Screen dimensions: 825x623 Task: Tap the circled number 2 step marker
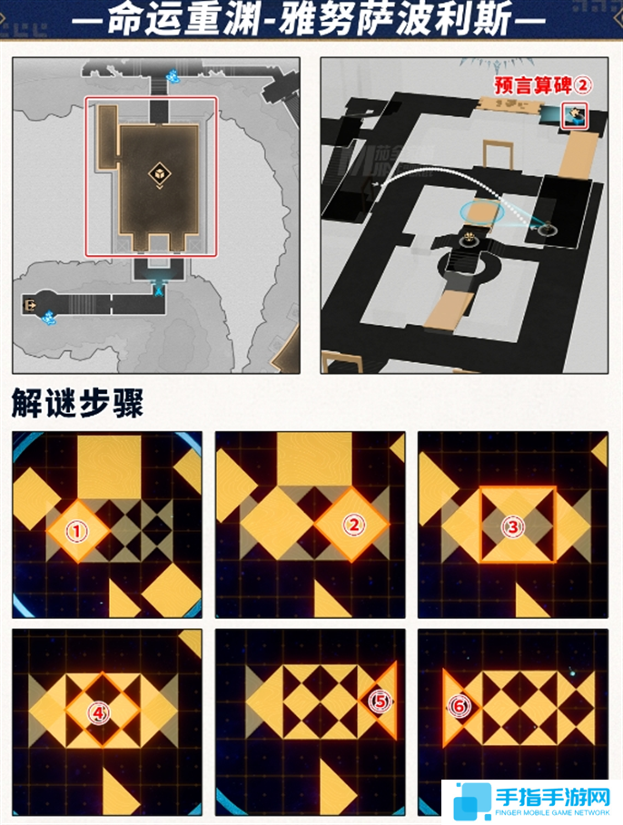tap(354, 524)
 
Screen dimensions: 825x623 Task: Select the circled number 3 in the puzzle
tap(515, 525)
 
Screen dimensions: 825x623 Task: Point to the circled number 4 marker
tap(98, 713)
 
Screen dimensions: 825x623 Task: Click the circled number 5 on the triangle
tap(380, 701)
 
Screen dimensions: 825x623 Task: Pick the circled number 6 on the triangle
tap(460, 705)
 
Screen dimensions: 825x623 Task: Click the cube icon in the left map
tap(157, 174)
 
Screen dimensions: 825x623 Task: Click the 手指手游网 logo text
tap(553, 796)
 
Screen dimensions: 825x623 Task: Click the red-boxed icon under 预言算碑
tap(576, 114)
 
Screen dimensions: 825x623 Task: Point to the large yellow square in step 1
tap(109, 466)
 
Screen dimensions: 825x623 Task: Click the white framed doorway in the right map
tap(497, 155)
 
